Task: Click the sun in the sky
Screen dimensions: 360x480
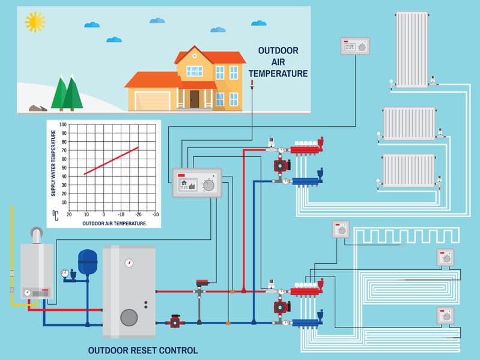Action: (35, 22)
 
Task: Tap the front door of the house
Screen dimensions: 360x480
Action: (195, 99)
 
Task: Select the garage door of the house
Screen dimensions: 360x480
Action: (152, 100)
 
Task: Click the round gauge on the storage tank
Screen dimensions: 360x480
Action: (129, 263)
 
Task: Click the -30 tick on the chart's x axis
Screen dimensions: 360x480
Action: (156, 214)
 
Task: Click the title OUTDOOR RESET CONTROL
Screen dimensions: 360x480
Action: (142, 350)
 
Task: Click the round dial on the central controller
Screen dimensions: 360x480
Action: (208, 185)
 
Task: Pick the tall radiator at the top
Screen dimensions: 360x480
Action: (412, 48)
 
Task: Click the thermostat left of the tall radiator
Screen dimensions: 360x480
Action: (355, 46)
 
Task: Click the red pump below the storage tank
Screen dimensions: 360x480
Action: (175, 322)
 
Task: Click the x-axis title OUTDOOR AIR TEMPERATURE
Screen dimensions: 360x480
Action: (114, 223)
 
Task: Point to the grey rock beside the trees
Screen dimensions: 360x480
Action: (38, 109)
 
